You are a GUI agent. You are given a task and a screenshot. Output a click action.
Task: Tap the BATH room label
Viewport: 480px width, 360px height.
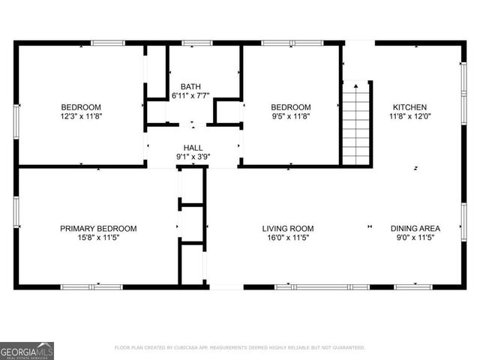tap(190, 86)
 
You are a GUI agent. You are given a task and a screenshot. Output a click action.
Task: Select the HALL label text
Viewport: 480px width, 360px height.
tap(193, 148)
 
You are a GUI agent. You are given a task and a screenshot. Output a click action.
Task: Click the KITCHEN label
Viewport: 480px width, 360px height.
tap(409, 107)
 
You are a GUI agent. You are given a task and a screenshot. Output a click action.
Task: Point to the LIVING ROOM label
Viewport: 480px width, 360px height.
tap(287, 229)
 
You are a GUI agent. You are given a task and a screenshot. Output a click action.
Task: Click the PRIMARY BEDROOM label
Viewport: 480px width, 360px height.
tap(99, 229)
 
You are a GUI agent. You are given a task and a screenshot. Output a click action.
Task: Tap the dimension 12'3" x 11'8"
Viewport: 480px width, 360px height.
tap(81, 116)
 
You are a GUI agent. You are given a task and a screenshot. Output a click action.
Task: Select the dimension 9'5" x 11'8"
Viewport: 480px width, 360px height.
tap(290, 116)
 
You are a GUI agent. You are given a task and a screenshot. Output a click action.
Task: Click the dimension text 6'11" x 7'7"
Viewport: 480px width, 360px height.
tap(190, 95)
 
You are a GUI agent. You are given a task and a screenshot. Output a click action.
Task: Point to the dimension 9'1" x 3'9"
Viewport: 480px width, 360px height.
tap(193, 157)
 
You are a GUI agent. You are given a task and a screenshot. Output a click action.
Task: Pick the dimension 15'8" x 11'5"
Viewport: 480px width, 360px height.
tap(99, 238)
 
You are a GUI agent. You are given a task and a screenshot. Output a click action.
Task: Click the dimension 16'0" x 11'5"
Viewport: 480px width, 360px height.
tap(287, 238)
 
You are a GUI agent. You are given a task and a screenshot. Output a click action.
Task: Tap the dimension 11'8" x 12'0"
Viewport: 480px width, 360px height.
tap(409, 116)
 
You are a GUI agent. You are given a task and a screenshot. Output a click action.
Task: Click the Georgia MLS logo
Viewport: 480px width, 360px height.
tap(27, 350)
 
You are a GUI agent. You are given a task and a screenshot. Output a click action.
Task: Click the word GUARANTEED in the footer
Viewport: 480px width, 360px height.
tap(344, 348)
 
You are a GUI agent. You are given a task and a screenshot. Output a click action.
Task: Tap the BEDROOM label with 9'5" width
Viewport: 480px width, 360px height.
tap(290, 107)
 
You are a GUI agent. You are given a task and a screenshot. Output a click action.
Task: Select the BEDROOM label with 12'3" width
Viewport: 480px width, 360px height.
tap(81, 107)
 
